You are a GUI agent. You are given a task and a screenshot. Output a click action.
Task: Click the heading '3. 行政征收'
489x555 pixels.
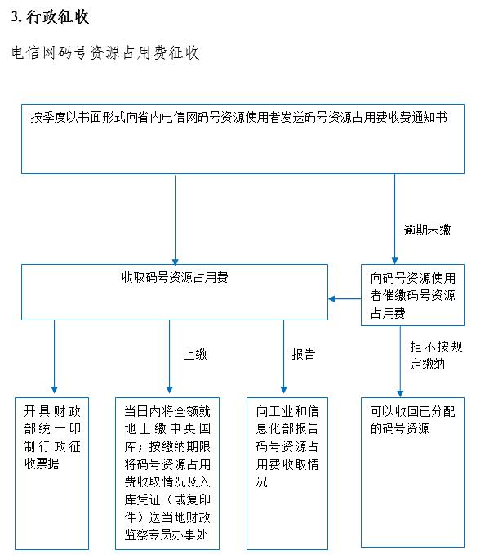click(50, 17)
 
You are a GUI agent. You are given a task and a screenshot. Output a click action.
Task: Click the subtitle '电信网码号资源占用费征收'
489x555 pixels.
click(105, 53)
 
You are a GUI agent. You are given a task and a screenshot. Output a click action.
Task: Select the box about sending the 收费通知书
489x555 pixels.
click(242, 139)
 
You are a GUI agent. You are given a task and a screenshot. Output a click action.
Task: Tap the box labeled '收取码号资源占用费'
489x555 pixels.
click(175, 292)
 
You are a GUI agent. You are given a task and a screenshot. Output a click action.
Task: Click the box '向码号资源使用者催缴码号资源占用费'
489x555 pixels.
click(412, 295)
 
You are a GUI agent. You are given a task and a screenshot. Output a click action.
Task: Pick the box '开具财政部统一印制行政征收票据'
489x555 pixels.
click(51, 473)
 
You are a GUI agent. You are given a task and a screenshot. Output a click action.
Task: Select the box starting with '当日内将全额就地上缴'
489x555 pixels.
click(167, 473)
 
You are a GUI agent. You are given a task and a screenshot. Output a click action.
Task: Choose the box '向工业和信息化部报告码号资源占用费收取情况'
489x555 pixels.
click(287, 473)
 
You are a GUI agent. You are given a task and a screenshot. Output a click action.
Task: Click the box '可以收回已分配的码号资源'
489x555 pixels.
click(412, 472)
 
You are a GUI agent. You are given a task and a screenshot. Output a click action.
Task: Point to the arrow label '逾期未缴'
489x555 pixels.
click(427, 230)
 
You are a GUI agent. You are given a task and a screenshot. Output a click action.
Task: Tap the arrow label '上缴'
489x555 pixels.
click(195, 354)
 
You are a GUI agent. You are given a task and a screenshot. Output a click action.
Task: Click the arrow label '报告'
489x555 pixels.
click(304, 354)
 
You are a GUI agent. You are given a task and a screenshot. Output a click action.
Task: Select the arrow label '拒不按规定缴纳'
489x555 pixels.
click(436, 356)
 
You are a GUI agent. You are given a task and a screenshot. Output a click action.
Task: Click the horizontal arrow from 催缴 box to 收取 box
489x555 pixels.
click(345, 299)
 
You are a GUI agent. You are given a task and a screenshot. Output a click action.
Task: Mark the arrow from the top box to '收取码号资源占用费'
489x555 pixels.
click(175, 219)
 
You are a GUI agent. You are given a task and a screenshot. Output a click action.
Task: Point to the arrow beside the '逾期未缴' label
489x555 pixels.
click(395, 219)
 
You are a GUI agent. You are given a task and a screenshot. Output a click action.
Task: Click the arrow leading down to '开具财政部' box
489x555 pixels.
click(54, 356)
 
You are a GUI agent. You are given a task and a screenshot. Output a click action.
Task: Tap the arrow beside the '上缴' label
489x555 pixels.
click(169, 356)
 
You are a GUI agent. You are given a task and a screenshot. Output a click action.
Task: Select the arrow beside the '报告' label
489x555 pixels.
click(283, 356)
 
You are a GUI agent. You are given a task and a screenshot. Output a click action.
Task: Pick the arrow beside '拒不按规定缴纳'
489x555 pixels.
click(400, 361)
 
